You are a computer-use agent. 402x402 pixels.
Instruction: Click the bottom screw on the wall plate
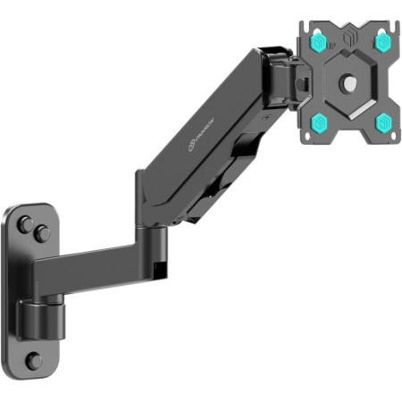[x=34, y=360]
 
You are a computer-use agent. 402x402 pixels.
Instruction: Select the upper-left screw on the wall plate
[x=26, y=219]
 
